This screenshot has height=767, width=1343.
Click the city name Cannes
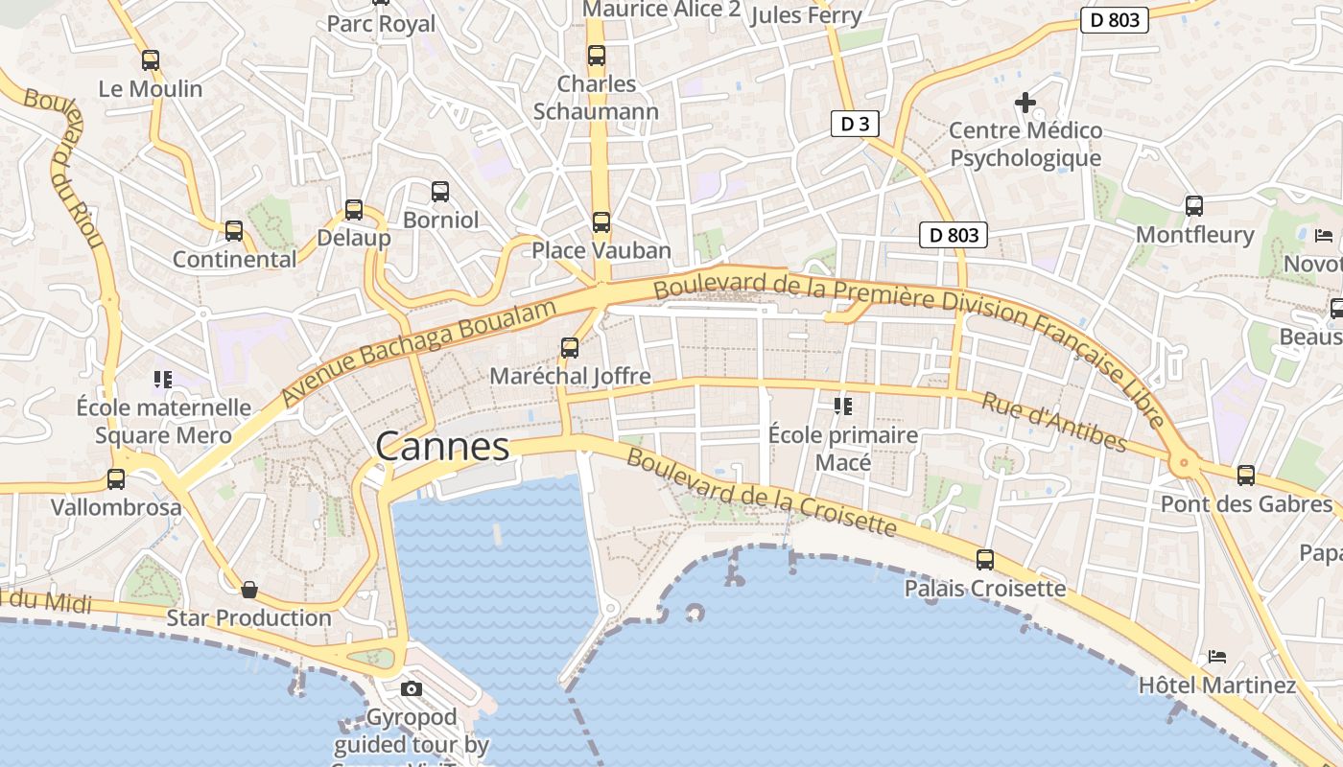coord(442,447)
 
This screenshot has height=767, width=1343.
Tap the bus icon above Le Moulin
coord(151,60)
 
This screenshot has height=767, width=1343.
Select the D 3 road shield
coord(854,123)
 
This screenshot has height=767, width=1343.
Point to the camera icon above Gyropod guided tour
coord(412,688)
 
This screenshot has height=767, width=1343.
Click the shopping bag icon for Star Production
coord(249,589)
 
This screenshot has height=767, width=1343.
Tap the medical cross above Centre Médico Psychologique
coord(1025,102)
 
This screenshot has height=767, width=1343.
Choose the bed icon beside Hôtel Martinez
coord(1217,657)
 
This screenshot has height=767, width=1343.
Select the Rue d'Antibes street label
coord(1053,422)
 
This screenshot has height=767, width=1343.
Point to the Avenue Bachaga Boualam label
coord(419,352)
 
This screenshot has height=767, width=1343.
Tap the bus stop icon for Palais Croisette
coord(985,559)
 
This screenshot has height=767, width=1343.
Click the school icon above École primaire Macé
coord(843,407)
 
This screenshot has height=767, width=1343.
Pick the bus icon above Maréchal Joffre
coord(570,347)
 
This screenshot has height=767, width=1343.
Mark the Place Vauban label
coord(601,250)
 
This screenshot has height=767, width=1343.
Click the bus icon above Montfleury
coord(1194,205)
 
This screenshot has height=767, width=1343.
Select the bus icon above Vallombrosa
coord(116,478)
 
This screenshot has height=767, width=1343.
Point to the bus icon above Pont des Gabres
coord(1246,475)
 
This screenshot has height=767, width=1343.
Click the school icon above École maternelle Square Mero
coord(163,380)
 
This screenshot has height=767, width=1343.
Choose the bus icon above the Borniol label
coord(440,192)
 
